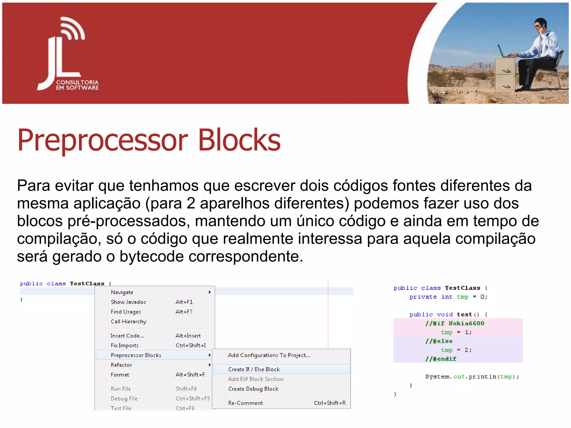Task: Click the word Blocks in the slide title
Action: coord(239,140)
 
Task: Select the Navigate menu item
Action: coord(122,292)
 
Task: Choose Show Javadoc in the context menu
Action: coord(128,302)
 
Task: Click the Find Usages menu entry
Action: coord(126,312)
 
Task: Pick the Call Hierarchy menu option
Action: coord(129,322)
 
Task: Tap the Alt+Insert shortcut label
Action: coord(188,336)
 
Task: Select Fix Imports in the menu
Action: coord(124,346)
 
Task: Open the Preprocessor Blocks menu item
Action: coord(136,355)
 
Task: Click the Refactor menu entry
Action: coord(121,365)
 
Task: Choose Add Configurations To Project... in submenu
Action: coord(269,355)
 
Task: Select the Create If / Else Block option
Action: coord(254,369)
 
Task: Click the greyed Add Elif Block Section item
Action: coord(255,379)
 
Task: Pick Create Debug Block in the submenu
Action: coord(253,389)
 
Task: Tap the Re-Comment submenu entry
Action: coord(245,403)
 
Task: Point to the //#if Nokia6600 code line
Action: coord(455,324)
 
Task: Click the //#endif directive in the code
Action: coord(441,359)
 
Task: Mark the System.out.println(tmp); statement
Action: coord(472,377)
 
